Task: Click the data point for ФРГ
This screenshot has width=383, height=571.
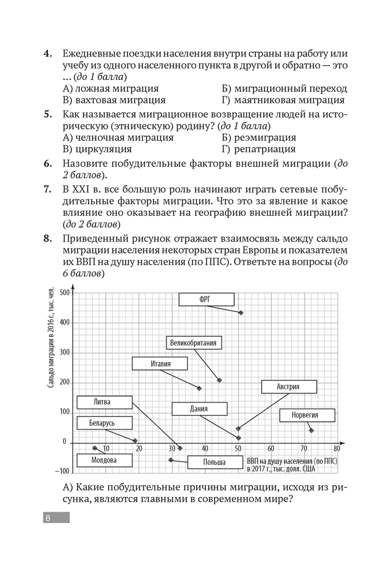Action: (241, 313)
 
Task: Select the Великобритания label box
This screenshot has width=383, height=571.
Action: (193, 343)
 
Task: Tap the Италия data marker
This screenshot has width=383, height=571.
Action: (199, 388)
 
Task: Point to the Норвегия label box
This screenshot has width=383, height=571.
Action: (305, 415)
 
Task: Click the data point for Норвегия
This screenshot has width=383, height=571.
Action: (311, 430)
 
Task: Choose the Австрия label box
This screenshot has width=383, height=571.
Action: (288, 387)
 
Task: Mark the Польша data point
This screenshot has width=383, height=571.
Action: (171, 460)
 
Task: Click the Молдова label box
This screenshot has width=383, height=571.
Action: (104, 460)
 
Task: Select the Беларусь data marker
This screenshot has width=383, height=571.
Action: (135, 440)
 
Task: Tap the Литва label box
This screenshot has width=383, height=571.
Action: (104, 402)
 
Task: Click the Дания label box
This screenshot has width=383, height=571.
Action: (198, 409)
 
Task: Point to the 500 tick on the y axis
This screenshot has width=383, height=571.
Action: (65, 293)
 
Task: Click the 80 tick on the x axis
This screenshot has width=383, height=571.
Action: (337, 449)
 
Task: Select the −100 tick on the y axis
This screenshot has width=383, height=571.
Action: (62, 471)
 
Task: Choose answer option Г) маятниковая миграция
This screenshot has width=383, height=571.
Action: (282, 100)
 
